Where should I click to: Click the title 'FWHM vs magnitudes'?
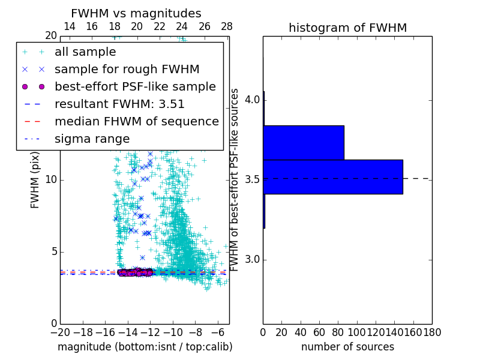click(136, 13)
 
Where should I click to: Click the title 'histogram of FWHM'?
click(347, 28)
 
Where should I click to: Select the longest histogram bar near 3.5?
click(332, 176)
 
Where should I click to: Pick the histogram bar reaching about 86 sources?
click(303, 142)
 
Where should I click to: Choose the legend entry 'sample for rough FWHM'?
click(127, 69)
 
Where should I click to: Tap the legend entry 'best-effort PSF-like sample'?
click(135, 86)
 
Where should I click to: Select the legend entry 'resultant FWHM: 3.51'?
click(119, 104)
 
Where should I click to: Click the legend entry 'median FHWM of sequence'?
click(136, 121)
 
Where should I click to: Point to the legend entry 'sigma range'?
click(92, 139)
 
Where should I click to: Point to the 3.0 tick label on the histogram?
click(252, 259)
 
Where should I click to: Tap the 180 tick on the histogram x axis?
click(432, 332)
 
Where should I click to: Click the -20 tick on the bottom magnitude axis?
click(60, 332)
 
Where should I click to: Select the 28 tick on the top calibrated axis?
click(227, 26)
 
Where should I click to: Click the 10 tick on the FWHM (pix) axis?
click(51, 180)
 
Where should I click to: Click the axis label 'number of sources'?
click(347, 347)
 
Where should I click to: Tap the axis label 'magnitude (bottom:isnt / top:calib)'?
click(145, 347)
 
